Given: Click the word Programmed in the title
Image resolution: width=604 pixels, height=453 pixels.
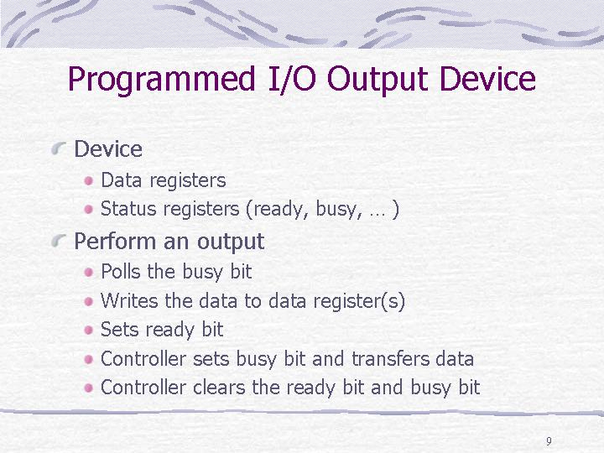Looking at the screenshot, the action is point(162,80).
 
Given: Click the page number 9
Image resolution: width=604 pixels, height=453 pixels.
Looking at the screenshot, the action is point(549,441).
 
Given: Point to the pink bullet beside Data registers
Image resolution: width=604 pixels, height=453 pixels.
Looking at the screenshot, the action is point(89,180).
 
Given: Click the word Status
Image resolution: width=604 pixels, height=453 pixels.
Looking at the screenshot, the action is point(128,208).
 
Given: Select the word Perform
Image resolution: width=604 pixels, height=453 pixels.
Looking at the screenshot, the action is point(116,241).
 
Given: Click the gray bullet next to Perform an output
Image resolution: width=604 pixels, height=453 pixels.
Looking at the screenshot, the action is point(59,241).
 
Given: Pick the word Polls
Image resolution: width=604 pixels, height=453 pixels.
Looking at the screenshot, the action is point(121,271).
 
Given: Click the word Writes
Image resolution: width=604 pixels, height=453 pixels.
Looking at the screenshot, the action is point(129,300).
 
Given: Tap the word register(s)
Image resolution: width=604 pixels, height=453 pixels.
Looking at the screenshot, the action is point(359,301).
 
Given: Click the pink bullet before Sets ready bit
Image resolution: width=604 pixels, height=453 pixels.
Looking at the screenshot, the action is point(89,331).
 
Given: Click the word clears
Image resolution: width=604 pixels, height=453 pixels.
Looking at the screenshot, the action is point(219,387).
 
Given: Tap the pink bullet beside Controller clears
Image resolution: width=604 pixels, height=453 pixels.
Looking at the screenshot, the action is point(89,388).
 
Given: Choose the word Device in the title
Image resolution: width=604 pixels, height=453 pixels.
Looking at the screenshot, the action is point(487,79).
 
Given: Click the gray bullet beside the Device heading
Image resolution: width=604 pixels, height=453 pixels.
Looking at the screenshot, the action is point(59,148).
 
